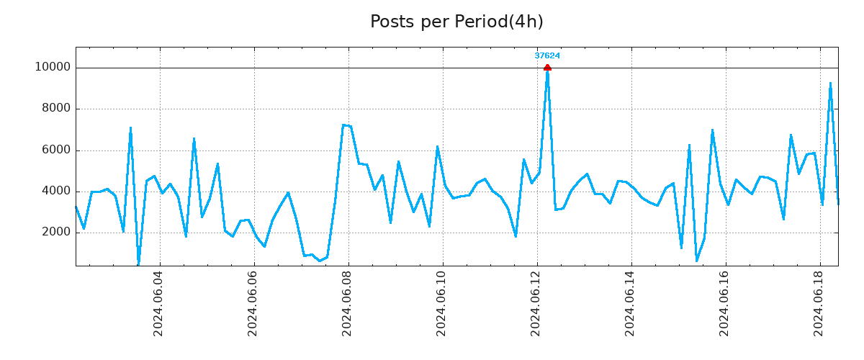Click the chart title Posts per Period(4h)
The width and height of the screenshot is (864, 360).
(456, 22)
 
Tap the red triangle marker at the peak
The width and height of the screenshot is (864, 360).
(547, 68)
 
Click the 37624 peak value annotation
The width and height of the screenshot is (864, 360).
(547, 55)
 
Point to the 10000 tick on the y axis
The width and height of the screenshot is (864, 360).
(53, 68)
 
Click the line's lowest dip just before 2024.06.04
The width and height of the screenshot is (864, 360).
(138, 263)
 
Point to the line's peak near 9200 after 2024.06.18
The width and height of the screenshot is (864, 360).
(830, 84)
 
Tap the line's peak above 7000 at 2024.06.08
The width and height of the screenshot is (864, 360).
(343, 125)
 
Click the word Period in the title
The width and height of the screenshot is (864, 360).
(480, 22)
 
